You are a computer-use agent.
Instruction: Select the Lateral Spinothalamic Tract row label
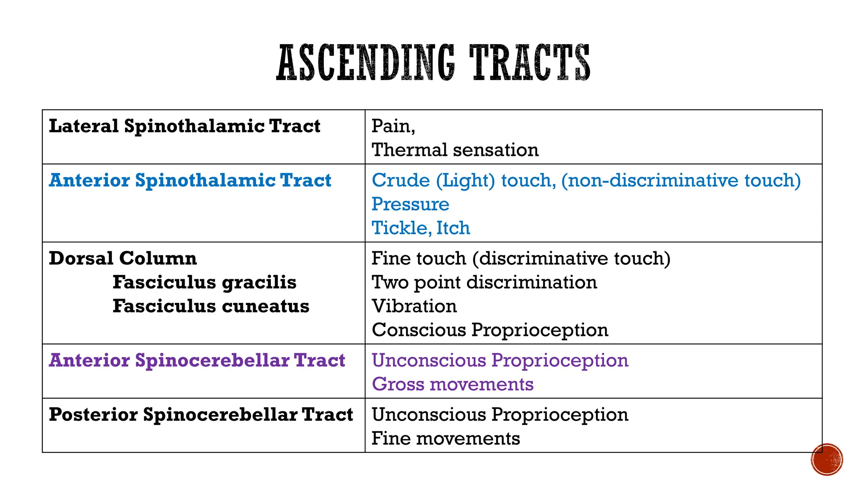pyautogui.click(x=185, y=126)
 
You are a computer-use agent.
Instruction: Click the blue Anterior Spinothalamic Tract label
pyautogui.click(x=190, y=180)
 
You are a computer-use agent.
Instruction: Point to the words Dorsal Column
pyautogui.click(x=123, y=258)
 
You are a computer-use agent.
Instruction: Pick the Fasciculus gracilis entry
pyautogui.click(x=204, y=283)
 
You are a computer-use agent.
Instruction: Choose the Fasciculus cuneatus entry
pyautogui.click(x=211, y=306)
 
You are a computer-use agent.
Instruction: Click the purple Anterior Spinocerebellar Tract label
pyautogui.click(x=197, y=360)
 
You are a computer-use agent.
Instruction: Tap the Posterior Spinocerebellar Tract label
pyautogui.click(x=201, y=415)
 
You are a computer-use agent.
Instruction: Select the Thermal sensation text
pyautogui.click(x=455, y=150)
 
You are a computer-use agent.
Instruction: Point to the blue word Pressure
pyautogui.click(x=410, y=204)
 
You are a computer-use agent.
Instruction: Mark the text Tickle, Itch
pyautogui.click(x=421, y=228)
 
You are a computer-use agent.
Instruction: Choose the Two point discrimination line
pyautogui.click(x=484, y=283)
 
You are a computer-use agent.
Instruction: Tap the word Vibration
pyautogui.click(x=414, y=306)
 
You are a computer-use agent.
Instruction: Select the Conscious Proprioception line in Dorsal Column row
pyautogui.click(x=490, y=330)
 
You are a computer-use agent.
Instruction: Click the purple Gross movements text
pyautogui.click(x=453, y=384)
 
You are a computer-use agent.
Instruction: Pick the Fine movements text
pyautogui.click(x=446, y=438)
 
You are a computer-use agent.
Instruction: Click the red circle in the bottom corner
pyautogui.click(x=827, y=460)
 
